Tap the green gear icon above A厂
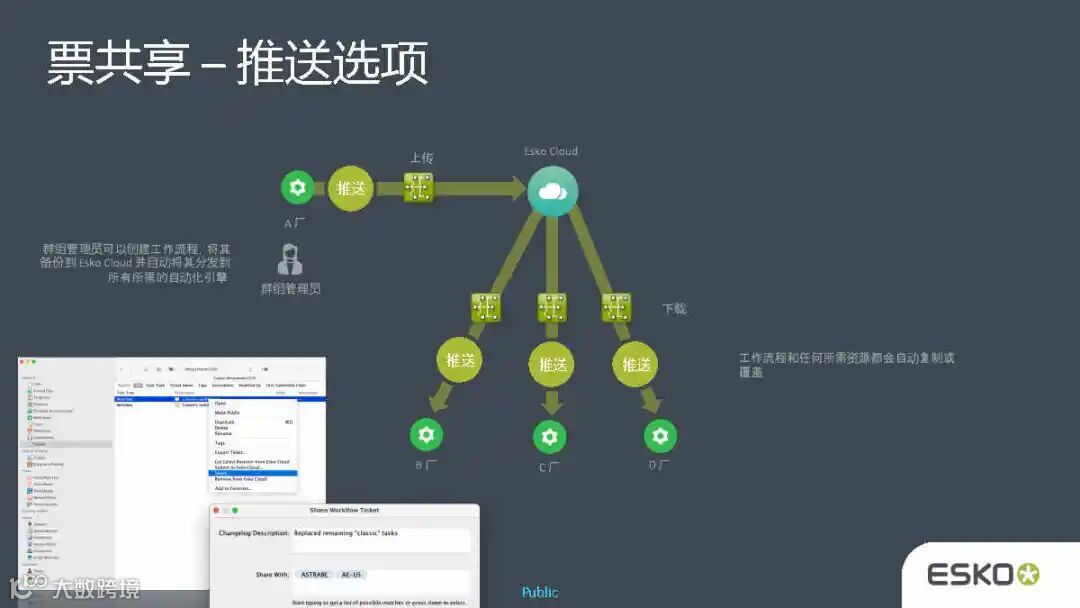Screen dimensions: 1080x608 (296, 187)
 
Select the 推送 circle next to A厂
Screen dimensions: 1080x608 (351, 188)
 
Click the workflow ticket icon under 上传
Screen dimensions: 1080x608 (419, 187)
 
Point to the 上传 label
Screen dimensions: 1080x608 (421, 158)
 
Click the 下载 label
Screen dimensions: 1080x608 (675, 309)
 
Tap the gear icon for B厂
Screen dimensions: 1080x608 (426, 435)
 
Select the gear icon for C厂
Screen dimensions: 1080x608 (548, 437)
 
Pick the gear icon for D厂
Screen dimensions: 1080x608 (659, 436)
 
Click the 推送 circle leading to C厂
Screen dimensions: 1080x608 (553, 364)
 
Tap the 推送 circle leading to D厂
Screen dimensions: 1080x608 (636, 364)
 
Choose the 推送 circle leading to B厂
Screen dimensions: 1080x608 (460, 361)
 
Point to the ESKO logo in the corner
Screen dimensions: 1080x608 (983, 575)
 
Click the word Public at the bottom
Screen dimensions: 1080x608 (540, 593)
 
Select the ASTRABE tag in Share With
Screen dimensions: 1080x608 (313, 575)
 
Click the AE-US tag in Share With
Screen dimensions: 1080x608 (352, 575)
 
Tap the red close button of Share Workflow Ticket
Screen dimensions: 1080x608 (216, 510)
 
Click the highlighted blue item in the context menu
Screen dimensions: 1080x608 (252, 473)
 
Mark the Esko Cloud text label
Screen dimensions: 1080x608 (551, 152)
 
